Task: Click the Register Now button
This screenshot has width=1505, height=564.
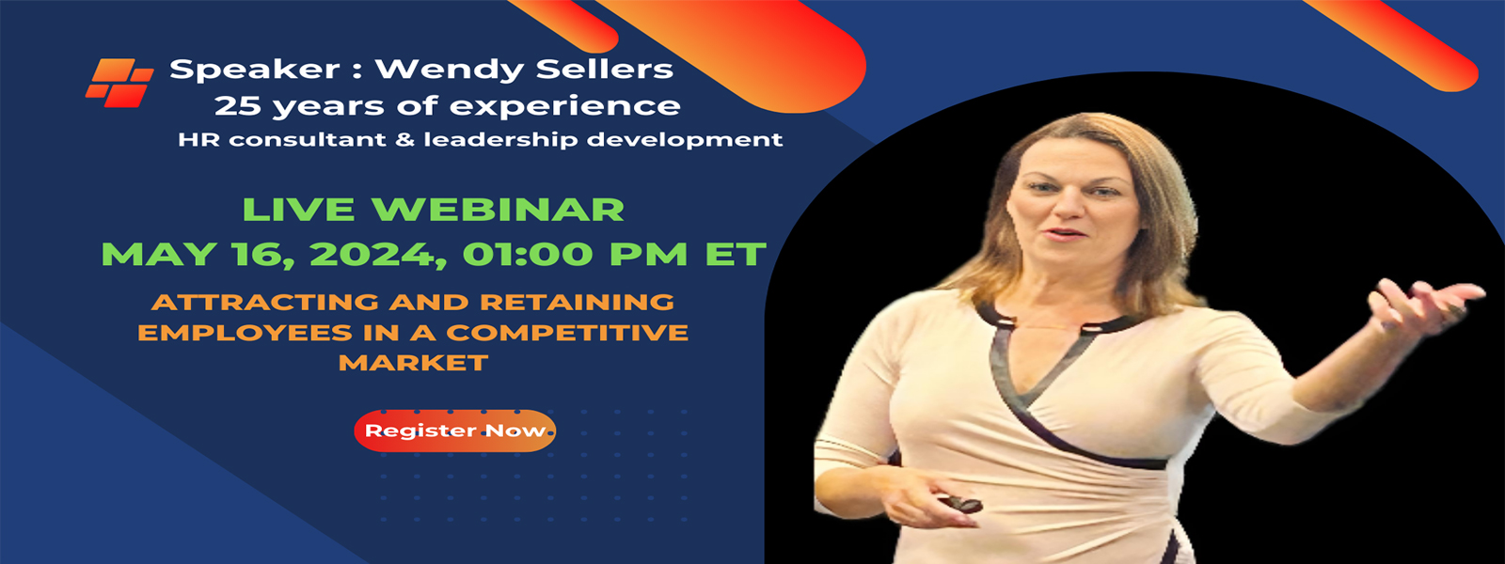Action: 455,431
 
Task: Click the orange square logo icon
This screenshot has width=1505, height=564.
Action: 119,83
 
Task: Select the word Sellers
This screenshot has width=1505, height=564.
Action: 587,70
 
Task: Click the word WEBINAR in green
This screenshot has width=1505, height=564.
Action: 498,210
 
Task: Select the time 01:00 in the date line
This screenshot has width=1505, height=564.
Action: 528,255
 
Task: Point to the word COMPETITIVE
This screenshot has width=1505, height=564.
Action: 567,333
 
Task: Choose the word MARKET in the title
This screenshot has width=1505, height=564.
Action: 413,363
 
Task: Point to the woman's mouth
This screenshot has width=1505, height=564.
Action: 1067,234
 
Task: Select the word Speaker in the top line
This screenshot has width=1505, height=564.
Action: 255,70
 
